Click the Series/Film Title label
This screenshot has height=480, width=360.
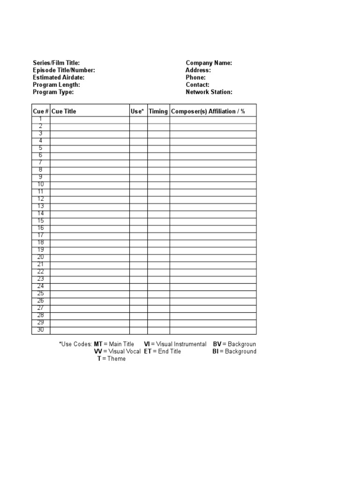56,63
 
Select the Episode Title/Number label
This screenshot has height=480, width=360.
64,70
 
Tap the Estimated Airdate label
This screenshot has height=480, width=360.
59,77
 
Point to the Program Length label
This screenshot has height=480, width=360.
56,85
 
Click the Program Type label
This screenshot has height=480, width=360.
53,92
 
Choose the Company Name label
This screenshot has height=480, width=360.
209,63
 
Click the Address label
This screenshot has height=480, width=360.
198,70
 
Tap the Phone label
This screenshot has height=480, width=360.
195,77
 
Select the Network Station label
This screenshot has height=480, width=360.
209,92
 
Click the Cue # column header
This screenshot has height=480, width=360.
41,112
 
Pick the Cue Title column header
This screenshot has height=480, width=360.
64,112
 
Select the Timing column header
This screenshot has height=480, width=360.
158,112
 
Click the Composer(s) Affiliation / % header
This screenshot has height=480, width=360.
208,112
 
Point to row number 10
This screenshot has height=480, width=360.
40,185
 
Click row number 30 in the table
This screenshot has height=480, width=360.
40,330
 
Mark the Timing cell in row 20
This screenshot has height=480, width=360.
158,257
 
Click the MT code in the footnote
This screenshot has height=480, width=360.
98,345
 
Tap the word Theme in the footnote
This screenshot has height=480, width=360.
117,359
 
